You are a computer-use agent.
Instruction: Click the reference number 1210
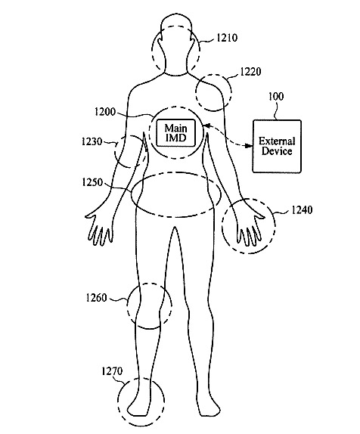tap(227, 38)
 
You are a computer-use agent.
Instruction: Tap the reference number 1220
tap(250, 72)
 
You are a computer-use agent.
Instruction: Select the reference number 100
tap(276, 97)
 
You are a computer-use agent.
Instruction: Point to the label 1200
tap(105, 112)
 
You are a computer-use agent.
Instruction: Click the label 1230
tap(92, 141)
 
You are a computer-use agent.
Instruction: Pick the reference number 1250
tap(92, 182)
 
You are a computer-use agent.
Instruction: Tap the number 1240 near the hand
tap(302, 210)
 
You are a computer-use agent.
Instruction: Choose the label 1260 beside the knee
tap(96, 298)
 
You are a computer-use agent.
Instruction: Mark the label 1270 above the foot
tap(112, 371)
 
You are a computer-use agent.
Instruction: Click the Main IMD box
tap(176, 133)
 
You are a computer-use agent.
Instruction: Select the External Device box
tap(277, 146)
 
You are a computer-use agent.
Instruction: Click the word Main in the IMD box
tap(176, 128)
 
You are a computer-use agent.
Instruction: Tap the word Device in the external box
tap(277, 151)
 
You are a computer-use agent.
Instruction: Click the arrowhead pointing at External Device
tap(250, 146)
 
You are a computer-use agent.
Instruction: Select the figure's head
tap(176, 45)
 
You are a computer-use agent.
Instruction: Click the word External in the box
tap(277, 141)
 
